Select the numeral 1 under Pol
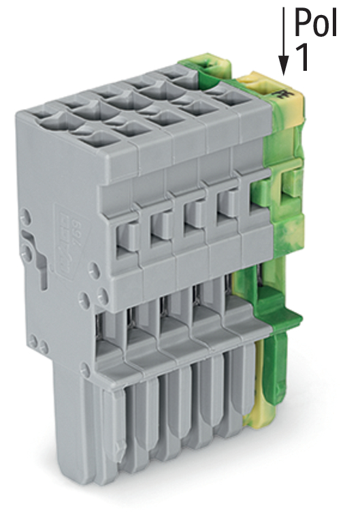click(304, 57)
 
